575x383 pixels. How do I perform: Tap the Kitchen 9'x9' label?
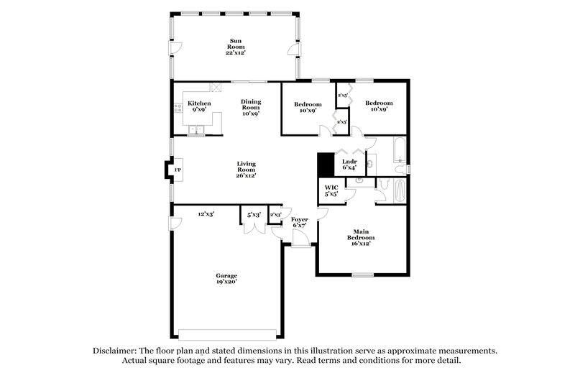coord(199,107)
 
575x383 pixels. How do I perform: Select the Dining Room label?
coord(250,107)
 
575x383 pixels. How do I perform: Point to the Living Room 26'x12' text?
coord(247,169)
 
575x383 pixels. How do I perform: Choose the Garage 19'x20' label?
coord(227,279)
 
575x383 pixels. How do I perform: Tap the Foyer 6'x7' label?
coord(300,222)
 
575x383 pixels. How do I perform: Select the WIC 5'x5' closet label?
coord(331,191)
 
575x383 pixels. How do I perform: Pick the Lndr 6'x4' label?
coord(349,165)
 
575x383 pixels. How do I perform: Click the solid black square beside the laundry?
coord(326,165)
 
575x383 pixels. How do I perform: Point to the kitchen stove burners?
coord(177,109)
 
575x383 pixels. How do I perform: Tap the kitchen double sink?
coord(195,131)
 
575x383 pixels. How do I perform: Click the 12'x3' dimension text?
coord(207,213)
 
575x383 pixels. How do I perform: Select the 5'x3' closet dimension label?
coord(254,214)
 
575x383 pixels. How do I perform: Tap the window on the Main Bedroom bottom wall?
coord(363,274)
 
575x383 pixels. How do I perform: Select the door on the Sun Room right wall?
coord(293,49)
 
